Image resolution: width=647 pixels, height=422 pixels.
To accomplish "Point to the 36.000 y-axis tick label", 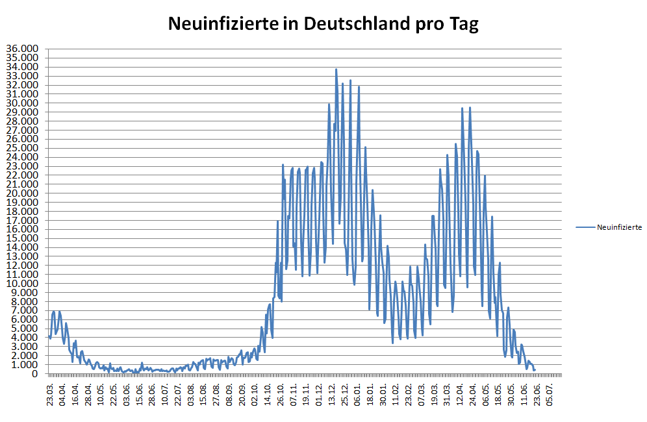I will click(23, 49).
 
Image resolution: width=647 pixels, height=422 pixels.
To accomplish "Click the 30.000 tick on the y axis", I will click(23, 103).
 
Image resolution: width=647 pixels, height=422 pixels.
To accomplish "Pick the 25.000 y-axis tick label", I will click(23, 148).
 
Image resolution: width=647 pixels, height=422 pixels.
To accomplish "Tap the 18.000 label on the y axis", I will click(23, 211).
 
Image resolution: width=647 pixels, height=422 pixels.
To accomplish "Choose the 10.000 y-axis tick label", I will click(23, 284).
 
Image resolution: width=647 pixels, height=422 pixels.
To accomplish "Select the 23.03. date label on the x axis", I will click(50, 393).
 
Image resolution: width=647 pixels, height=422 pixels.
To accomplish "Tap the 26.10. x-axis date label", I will click(281, 393).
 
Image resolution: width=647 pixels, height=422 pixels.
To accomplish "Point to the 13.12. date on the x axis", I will click(332, 393).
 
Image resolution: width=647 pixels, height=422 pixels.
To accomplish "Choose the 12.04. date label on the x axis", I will click(460, 393).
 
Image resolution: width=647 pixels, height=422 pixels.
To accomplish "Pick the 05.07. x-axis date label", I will click(550, 393).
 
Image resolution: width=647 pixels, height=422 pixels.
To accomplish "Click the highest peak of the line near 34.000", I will click(336, 69).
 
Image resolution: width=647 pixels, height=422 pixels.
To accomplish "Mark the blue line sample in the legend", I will click(585, 227).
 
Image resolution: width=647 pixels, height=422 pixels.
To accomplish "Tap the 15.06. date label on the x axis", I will click(140, 393).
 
